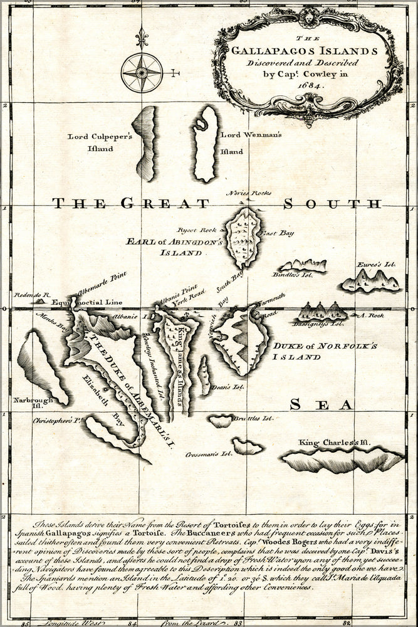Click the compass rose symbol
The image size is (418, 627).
click(x=142, y=73)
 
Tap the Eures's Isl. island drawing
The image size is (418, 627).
click(x=371, y=282)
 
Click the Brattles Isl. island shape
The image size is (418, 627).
click(x=221, y=421)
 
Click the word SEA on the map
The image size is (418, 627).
click(x=321, y=406)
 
